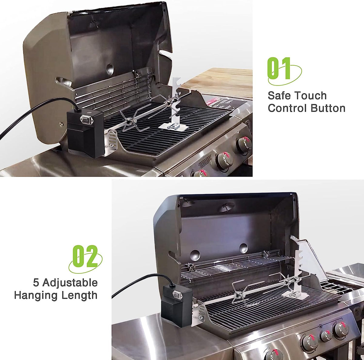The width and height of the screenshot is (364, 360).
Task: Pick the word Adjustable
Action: click(70, 283)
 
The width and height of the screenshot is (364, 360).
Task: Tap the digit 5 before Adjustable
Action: click(36, 283)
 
